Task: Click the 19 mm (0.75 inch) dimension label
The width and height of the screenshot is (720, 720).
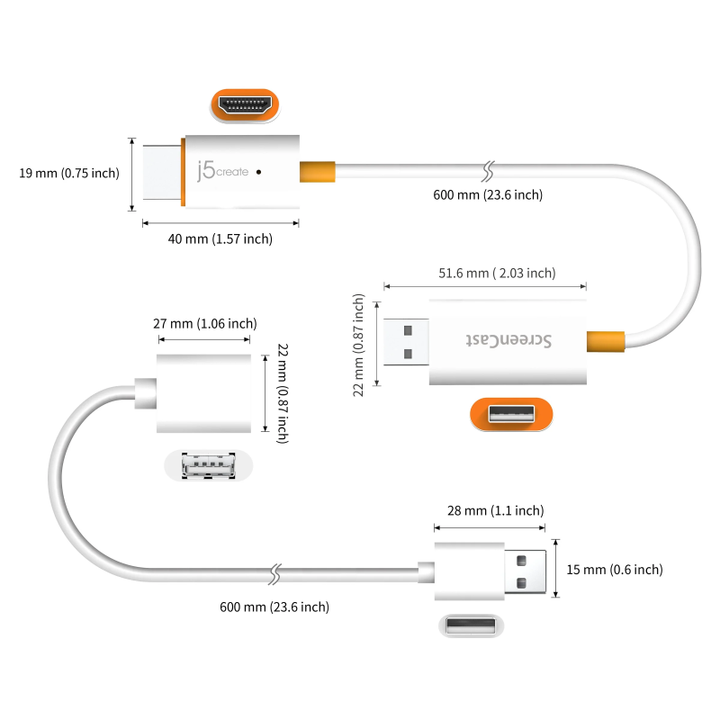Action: coord(68,173)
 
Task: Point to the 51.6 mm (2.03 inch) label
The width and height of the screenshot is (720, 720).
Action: coord(497,273)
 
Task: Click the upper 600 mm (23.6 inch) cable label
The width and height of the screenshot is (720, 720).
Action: coord(489,194)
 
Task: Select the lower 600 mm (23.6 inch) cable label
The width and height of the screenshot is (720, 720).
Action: coord(274,607)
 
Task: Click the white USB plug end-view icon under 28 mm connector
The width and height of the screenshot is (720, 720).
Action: coord(467,625)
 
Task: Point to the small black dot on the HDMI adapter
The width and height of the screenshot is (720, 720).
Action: coord(259,170)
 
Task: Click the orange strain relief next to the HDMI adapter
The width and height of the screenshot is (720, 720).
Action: coord(316,170)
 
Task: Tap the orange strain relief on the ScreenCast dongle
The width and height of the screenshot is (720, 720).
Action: coord(604,342)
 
